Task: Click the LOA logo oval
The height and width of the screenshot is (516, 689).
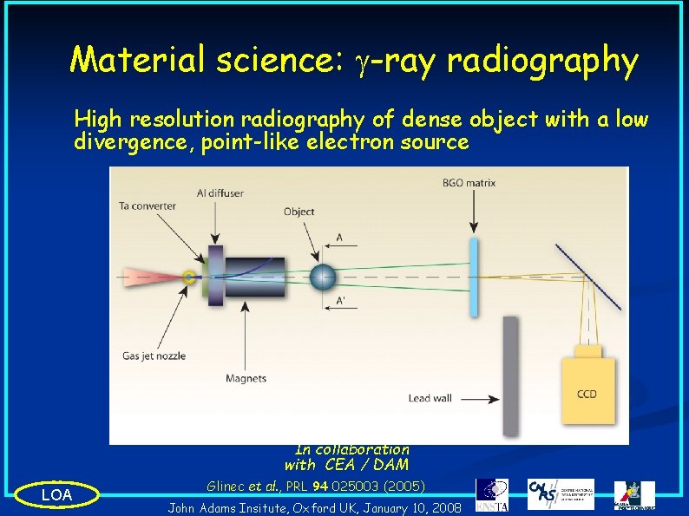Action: click(x=56, y=495)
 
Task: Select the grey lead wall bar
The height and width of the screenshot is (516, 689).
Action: click(x=510, y=375)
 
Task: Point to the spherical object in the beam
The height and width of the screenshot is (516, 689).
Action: click(x=322, y=277)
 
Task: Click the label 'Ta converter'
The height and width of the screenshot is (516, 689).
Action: click(x=147, y=206)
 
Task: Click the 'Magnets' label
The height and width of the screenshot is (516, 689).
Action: click(x=246, y=378)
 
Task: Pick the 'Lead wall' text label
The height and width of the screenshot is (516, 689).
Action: click(x=431, y=399)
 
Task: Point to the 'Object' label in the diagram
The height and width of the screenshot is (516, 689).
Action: click(x=299, y=212)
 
